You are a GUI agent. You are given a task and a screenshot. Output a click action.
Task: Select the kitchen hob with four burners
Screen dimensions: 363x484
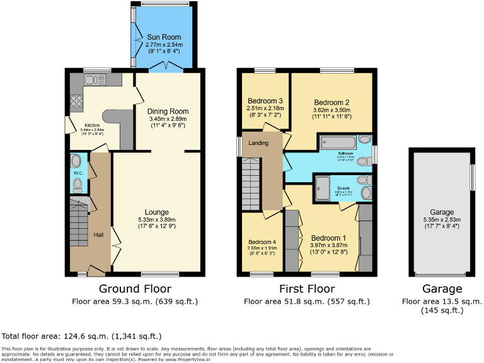click(x=77, y=100)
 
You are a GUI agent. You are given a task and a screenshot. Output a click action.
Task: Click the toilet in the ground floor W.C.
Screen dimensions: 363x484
click(x=78, y=185)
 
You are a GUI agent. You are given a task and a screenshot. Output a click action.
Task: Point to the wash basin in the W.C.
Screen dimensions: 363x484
click(x=77, y=160)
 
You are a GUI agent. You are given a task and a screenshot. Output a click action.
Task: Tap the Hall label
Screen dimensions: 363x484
click(x=99, y=234)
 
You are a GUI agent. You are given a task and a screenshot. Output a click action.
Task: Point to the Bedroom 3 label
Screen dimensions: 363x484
click(x=265, y=101)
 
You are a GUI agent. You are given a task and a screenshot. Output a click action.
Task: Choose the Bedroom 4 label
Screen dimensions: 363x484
click(x=262, y=242)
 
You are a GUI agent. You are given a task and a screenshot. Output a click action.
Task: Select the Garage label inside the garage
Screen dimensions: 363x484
click(x=442, y=212)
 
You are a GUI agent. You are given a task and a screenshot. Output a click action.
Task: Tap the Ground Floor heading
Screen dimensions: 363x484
click(x=135, y=289)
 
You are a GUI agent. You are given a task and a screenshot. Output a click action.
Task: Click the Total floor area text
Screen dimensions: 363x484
click(x=82, y=336)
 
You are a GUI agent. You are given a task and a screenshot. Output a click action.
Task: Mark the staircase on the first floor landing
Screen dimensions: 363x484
click(x=250, y=183)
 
